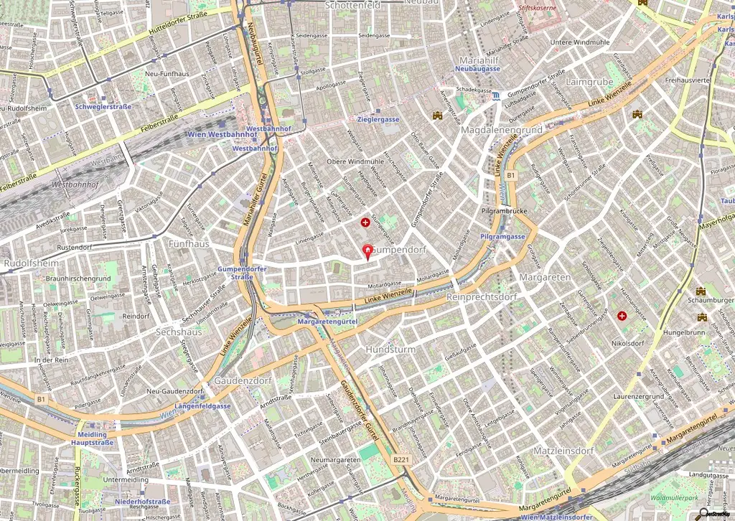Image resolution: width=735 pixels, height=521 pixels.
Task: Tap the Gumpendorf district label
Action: pyautogui.click(x=400, y=250)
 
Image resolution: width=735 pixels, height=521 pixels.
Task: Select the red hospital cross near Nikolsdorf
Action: pyautogui.click(x=622, y=316)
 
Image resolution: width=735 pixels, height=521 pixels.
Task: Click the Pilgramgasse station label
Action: pyautogui.click(x=503, y=237)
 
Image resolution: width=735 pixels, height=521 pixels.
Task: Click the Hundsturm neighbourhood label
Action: pyautogui.click(x=390, y=349)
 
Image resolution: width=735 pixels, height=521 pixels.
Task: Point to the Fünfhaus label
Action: pyautogui.click(x=188, y=244)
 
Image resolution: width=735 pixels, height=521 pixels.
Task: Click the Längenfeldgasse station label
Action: pyautogui.click(x=202, y=405)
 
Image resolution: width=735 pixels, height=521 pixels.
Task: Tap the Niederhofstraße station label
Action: pyautogui.click(x=142, y=502)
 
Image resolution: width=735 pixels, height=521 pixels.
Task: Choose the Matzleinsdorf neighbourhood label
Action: pyautogui.click(x=563, y=451)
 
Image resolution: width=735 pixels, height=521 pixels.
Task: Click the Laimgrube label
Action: pyautogui.click(x=589, y=82)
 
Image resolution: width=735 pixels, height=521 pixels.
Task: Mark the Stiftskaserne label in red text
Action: pyautogui.click(x=537, y=11)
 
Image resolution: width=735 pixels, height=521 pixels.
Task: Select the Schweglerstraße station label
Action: pyautogui.click(x=103, y=106)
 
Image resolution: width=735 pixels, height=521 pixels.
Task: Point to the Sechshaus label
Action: pyautogui.click(x=179, y=332)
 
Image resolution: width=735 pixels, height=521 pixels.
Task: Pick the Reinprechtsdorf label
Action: pyautogui.click(x=481, y=296)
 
